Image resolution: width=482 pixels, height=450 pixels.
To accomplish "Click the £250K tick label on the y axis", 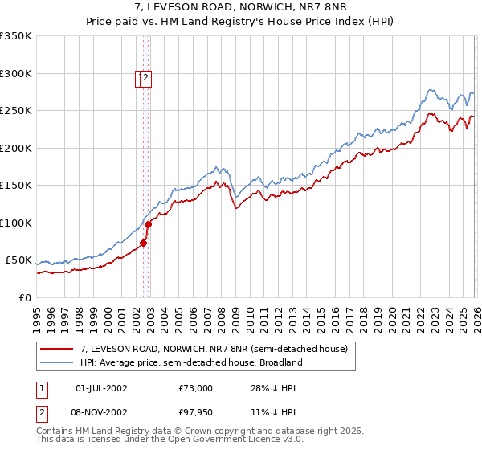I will click(16, 111).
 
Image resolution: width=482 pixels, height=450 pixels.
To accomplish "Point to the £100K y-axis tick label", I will click(16, 223).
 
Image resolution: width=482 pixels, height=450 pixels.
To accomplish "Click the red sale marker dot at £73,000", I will click(144, 243).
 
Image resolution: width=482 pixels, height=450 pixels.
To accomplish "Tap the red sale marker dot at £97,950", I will click(149, 224).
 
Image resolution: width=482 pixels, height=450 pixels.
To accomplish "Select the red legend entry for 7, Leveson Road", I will click(214, 350).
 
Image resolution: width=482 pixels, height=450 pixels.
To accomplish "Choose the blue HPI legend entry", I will click(190, 363).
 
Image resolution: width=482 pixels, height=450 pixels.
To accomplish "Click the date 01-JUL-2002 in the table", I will click(101, 388).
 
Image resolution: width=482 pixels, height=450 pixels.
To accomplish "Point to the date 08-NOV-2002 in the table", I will click(101, 412).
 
